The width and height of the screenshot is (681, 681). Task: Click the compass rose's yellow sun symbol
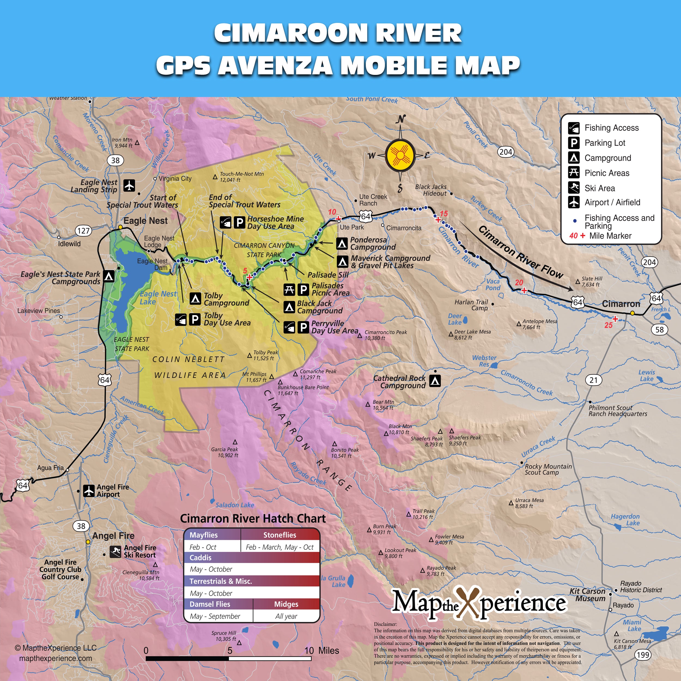[x=400, y=155]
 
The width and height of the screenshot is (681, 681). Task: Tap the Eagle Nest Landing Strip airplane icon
[x=129, y=186]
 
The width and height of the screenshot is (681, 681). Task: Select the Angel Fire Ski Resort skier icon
[x=115, y=552]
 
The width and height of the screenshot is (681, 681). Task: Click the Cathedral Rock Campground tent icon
[x=435, y=381]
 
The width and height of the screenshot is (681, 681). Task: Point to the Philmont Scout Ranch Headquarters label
[x=618, y=411]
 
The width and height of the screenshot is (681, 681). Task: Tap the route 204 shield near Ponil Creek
[x=506, y=152]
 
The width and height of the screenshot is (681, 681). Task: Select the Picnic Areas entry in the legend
[x=607, y=173]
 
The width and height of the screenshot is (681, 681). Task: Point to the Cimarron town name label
[x=621, y=304]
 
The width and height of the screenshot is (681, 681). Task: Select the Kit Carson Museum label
[x=587, y=595]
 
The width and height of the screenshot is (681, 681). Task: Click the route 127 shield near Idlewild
[x=84, y=231]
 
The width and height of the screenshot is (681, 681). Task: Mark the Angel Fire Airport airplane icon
[x=89, y=490]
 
